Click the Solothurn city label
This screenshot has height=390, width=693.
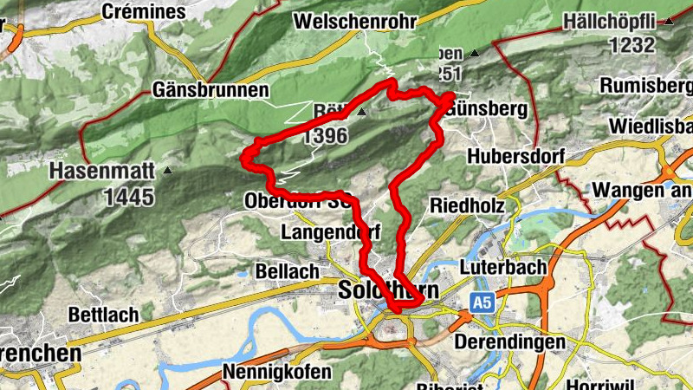pyautogui.click(x=389, y=289)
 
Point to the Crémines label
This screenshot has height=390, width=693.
pyautogui.click(x=144, y=12)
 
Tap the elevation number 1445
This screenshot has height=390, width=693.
pyautogui.click(x=129, y=196)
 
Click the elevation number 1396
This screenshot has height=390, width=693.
pyautogui.click(x=326, y=135)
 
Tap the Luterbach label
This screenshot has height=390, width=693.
pyautogui.click(x=502, y=268)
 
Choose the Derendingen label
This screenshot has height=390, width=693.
pyautogui.click(x=508, y=342)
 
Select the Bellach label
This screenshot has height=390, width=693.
pyautogui.click(x=288, y=271)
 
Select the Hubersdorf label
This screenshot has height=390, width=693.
pyautogui.click(x=515, y=157)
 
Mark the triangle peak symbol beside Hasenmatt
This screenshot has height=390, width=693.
pyautogui.click(x=167, y=171)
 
